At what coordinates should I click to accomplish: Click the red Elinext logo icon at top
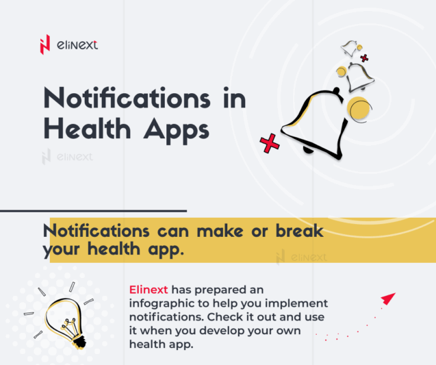[45, 45]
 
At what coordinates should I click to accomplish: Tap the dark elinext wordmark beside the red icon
[77, 45]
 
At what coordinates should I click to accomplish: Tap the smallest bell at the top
[350, 49]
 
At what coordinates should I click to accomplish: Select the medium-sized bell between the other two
[358, 76]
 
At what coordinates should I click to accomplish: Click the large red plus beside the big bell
[270, 143]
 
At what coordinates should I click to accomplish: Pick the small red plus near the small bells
[364, 58]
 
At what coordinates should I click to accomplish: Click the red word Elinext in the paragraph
[148, 289]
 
